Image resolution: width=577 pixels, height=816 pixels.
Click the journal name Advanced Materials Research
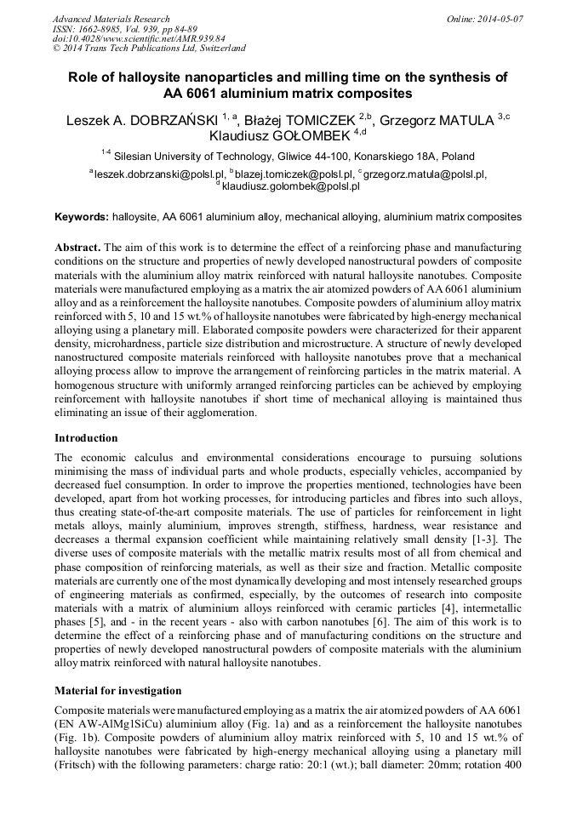tap(111, 19)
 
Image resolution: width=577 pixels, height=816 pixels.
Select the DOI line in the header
tap(139, 38)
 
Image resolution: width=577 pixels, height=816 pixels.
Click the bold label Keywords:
tap(82, 217)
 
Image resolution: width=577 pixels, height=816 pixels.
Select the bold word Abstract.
tap(77, 247)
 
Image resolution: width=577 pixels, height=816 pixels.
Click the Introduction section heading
tap(86, 438)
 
